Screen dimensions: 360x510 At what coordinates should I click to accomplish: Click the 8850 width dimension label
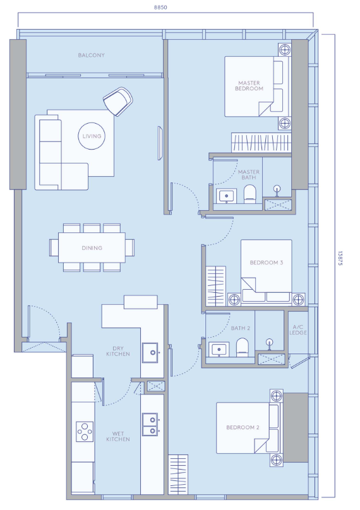pyautogui.click(x=160, y=7)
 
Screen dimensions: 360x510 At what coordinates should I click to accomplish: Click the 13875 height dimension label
pyautogui.click(x=340, y=258)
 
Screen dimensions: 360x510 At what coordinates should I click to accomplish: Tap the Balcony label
pyautogui.click(x=91, y=56)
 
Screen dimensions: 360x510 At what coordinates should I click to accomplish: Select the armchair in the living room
pyautogui.click(x=118, y=101)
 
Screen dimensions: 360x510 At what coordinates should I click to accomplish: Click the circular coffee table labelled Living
pyautogui.click(x=92, y=136)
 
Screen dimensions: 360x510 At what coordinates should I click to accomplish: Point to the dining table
pyautogui.click(x=92, y=247)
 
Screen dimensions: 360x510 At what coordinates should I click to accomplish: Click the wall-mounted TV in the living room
pyautogui.click(x=160, y=143)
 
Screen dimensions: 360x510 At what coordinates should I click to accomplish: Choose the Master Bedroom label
pyautogui.click(x=249, y=86)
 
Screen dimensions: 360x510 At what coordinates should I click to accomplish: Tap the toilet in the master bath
pyautogui.click(x=249, y=194)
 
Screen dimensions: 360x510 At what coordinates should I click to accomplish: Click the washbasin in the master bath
pyautogui.click(x=226, y=196)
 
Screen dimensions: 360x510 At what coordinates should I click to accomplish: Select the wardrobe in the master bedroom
pyautogui.click(x=261, y=143)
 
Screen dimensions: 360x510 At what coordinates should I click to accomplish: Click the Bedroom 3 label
pyautogui.click(x=267, y=263)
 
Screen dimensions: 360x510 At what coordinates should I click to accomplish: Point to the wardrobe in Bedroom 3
pyautogui.click(x=216, y=286)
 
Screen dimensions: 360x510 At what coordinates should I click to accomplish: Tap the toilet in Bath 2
pyautogui.click(x=242, y=347)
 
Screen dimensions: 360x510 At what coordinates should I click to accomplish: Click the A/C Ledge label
pyautogui.click(x=298, y=330)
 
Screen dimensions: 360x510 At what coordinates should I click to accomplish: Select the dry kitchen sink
pyautogui.click(x=150, y=353)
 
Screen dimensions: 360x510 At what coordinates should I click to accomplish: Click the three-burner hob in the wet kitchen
pyautogui.click(x=85, y=432)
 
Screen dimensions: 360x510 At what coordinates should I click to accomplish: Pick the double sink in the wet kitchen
pyautogui.click(x=150, y=424)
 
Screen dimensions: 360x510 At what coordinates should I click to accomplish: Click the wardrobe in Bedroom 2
pyautogui.click(x=178, y=475)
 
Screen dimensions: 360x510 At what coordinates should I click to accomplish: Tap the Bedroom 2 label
pyautogui.click(x=243, y=427)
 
